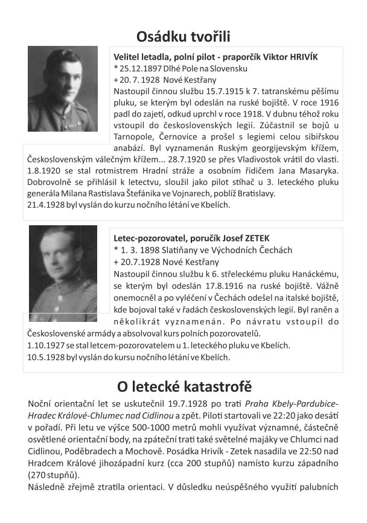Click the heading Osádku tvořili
pyautogui.click(x=183, y=36)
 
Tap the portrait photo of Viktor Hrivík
pyautogui.click(x=63, y=89)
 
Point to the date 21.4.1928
pyautogui.click(x=48, y=205)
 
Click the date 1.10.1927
pyautogui.click(x=48, y=345)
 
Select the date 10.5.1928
pyautogui.click(x=48, y=356)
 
